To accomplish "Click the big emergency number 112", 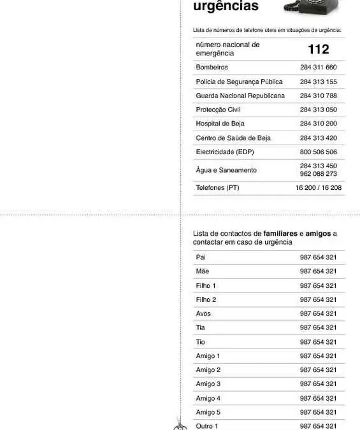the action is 318,49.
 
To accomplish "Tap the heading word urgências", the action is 226,6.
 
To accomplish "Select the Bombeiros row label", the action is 212,68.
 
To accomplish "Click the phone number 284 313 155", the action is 318,82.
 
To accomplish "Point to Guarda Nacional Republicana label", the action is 240,96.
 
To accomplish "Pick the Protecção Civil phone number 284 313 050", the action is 318,110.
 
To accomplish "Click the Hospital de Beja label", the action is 220,124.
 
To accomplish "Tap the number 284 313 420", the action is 318,138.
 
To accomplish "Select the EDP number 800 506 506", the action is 318,152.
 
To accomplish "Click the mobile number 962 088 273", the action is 318,174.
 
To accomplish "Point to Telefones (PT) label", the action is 217,188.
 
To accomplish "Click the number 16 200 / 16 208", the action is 318,188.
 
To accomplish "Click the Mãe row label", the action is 203,271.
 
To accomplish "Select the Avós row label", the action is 203,313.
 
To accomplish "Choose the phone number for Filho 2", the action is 318,299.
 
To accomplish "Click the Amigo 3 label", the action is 208,383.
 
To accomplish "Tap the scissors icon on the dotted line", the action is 180,424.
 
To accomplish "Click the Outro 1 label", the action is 207,426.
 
